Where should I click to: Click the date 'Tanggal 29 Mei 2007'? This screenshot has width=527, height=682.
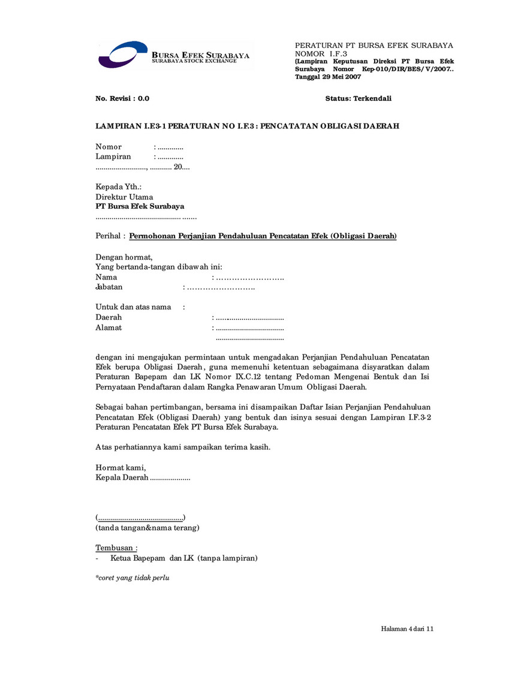[328, 77]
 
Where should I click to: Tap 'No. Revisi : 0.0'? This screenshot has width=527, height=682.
[122, 98]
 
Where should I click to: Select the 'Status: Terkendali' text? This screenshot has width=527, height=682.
[358, 98]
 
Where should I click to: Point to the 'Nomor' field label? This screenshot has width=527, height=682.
[109, 147]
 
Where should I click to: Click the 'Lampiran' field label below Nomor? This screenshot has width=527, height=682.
[113, 157]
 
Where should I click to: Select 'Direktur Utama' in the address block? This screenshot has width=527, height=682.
[124, 197]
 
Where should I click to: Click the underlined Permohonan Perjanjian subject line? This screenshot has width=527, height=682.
[263, 236]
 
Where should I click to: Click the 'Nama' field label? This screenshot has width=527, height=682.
[106, 277]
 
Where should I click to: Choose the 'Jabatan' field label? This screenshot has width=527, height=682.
[109, 287]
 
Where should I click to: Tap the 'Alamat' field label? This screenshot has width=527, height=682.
[109, 328]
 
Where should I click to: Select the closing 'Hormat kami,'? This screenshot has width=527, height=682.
[121, 467]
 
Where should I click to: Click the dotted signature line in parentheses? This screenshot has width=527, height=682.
[140, 518]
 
